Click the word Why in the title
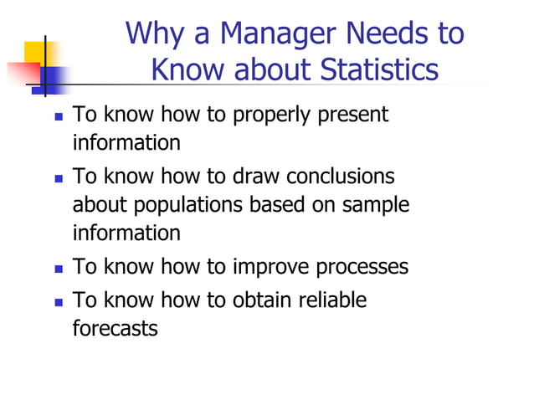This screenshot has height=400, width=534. pyautogui.click(x=151, y=33)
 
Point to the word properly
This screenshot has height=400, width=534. pyautogui.click(x=273, y=115)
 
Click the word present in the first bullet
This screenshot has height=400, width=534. pyautogui.click(x=352, y=115)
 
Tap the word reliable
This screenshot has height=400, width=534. pyautogui.click(x=335, y=299)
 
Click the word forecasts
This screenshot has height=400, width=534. pyautogui.click(x=115, y=328)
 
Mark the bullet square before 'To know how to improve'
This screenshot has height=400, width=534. pyautogui.click(x=58, y=269)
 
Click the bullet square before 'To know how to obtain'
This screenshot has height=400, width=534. pyautogui.click(x=58, y=300)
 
